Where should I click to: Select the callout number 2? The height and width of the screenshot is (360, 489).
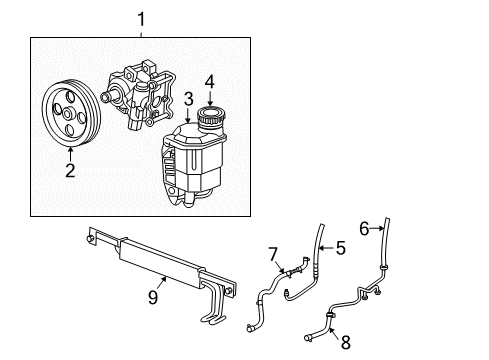[x=70, y=170]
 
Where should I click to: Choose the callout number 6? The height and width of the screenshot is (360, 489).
[x=364, y=227]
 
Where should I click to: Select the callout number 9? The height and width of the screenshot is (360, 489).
[x=153, y=296]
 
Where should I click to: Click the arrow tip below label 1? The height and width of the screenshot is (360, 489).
[x=141, y=36]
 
